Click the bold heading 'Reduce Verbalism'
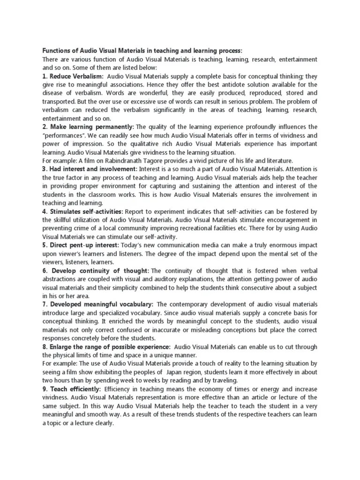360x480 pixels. pos(74,76)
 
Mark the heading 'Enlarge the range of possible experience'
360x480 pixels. pos(106,346)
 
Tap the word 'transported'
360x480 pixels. pos(58,102)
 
